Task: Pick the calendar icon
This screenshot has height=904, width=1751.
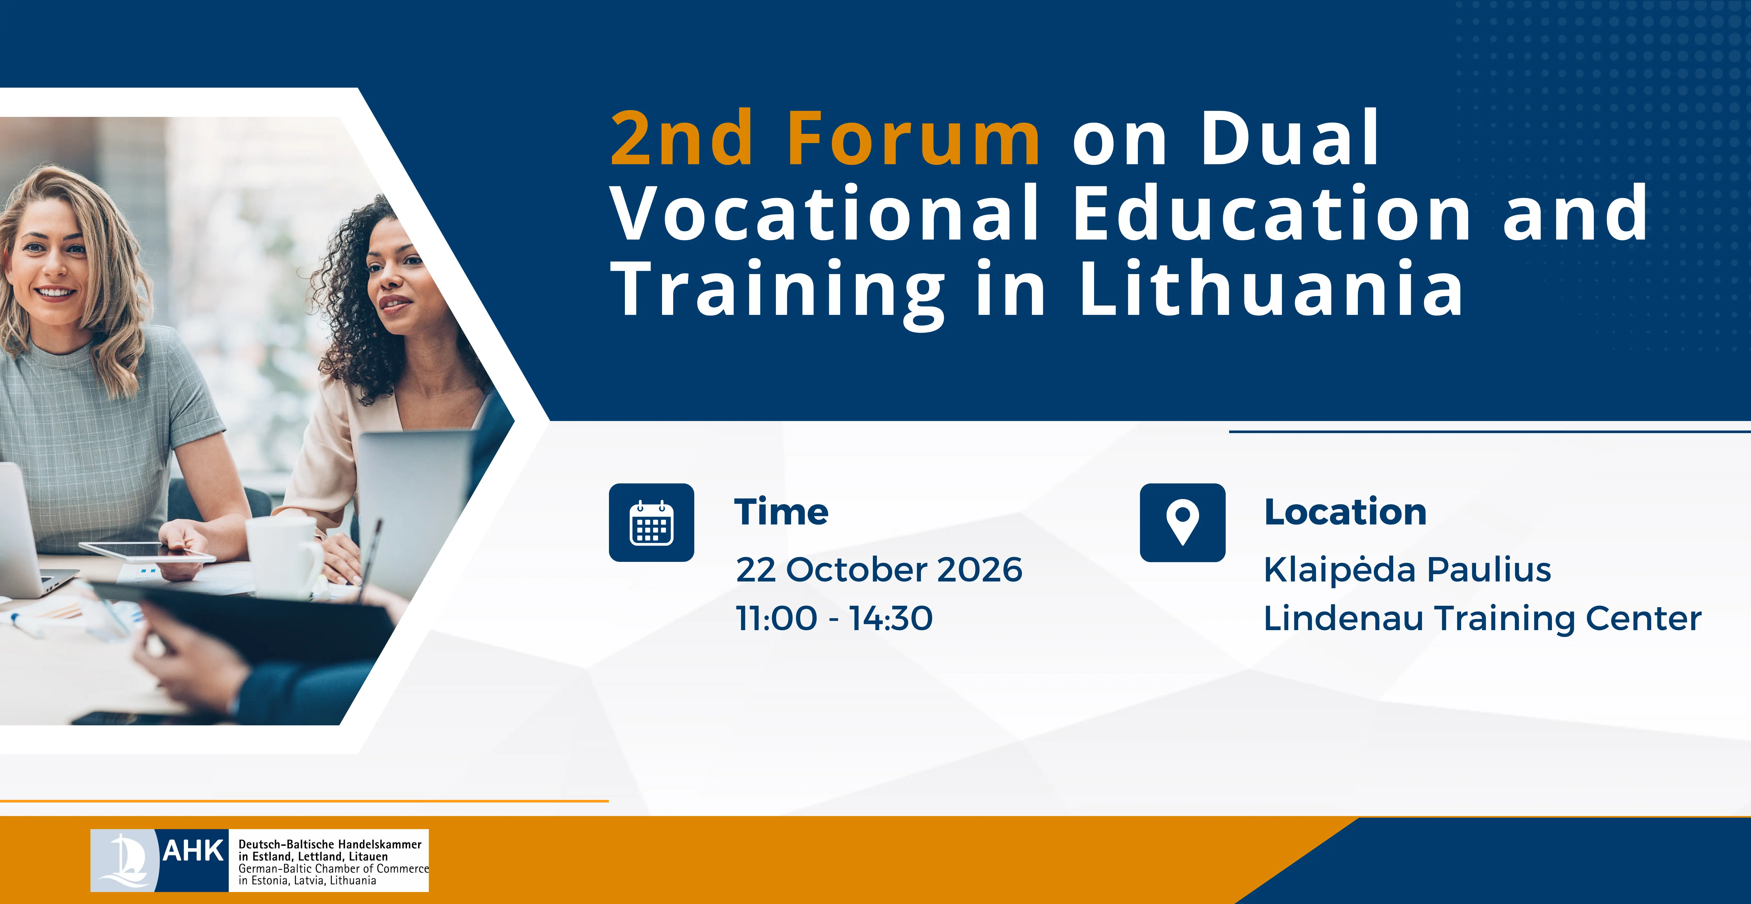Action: pos(651,523)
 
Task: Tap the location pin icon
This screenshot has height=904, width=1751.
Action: pos(1183,523)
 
